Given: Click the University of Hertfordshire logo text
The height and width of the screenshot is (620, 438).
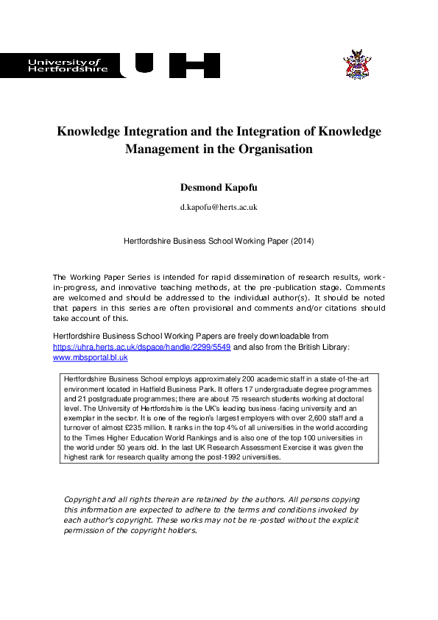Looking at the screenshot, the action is pos(67,66).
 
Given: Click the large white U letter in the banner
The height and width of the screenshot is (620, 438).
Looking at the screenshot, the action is pos(144,66).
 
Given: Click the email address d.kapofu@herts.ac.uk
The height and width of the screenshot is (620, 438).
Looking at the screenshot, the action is pos(219,208).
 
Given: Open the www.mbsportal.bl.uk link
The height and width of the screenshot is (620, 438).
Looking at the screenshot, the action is pos(91,357).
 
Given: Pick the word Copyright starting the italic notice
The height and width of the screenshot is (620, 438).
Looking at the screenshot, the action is pos(84,500).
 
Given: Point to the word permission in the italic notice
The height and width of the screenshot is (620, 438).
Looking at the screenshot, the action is pos(87,531).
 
